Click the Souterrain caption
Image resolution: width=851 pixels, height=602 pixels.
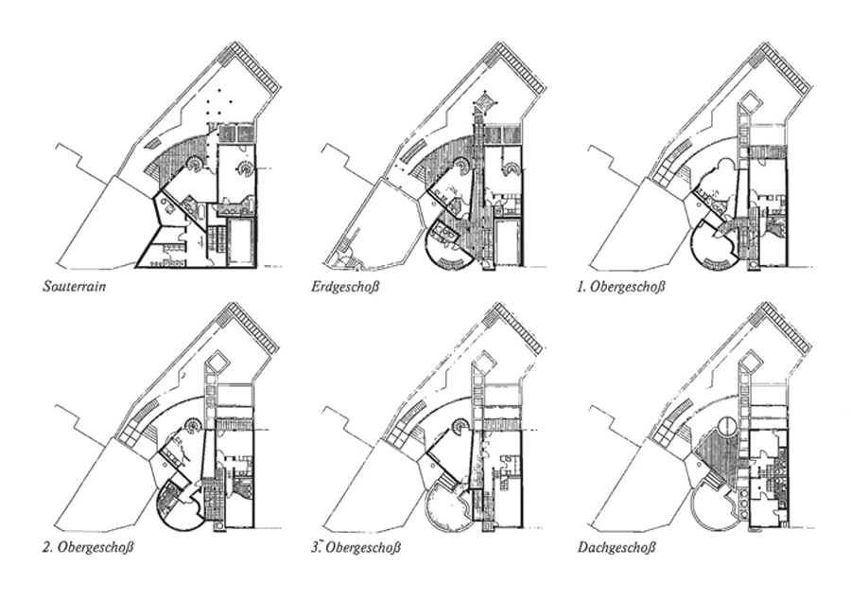[74, 285]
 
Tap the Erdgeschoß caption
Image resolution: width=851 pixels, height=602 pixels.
[344, 286]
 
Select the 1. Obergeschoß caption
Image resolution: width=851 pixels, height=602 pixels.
[620, 286]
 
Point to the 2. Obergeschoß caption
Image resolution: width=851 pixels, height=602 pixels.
[87, 546]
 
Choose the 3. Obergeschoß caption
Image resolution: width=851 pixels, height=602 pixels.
[356, 546]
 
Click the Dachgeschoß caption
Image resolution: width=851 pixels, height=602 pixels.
[617, 546]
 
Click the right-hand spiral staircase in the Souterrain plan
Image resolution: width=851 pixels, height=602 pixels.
[245, 169]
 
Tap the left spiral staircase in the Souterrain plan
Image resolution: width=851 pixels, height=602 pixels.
[193, 164]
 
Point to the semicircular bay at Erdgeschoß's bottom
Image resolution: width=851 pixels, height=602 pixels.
[448, 248]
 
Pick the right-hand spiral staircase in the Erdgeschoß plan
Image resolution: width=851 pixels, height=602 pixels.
[511, 169]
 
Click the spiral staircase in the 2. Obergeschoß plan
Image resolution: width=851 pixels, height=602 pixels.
[193, 425]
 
